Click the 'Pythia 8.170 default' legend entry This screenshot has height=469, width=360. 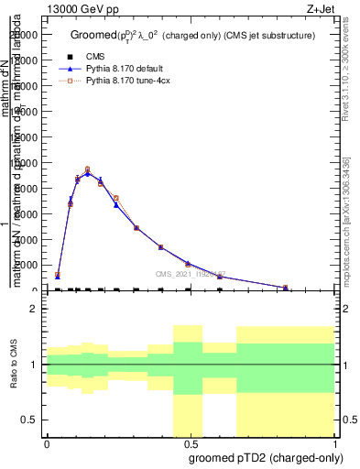click(128, 69)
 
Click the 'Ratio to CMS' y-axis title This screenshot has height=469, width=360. click(14, 365)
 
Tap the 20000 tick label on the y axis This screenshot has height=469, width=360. click(25, 35)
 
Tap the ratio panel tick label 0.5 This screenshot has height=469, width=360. click(29, 420)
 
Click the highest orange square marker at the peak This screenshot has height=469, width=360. click(87, 169)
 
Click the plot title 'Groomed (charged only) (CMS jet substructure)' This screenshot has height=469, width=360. click(193, 35)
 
